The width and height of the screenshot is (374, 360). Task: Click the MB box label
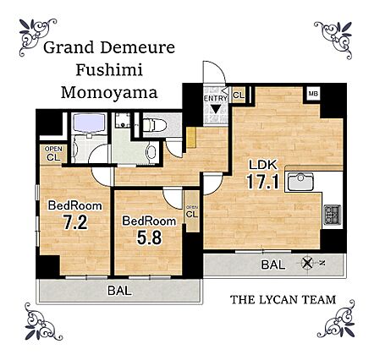pyautogui.click(x=313, y=93)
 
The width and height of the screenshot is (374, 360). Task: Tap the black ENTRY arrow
pyautogui.click(x=216, y=109)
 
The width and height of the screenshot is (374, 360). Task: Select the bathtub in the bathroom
pyautogui.click(x=89, y=123)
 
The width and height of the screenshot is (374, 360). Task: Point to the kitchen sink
pyautogui.click(x=301, y=181)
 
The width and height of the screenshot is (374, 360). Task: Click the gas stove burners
pyautogui.click(x=333, y=214)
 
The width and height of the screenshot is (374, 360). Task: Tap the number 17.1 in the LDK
pyautogui.click(x=263, y=181)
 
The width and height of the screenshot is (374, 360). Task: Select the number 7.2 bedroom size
pyautogui.click(x=75, y=222)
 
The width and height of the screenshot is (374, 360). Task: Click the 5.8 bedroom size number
pyautogui.click(x=150, y=237)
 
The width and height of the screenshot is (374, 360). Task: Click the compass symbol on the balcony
pyautogui.click(x=307, y=264)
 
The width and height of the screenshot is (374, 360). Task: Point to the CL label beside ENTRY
pyautogui.click(x=239, y=95)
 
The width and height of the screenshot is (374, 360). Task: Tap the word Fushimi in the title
pyautogui.click(x=109, y=69)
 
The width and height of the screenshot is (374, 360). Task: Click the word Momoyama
pyautogui.click(x=109, y=92)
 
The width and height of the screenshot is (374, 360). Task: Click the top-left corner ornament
pyautogui.click(x=36, y=35)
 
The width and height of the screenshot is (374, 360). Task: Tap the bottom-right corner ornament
pyautogui.click(x=336, y=319)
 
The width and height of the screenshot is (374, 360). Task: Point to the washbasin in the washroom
pyautogui.click(x=151, y=152)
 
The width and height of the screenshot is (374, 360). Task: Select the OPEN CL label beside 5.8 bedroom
pyautogui.click(x=192, y=211)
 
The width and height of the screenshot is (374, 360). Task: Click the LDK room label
pyautogui.click(x=263, y=165)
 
